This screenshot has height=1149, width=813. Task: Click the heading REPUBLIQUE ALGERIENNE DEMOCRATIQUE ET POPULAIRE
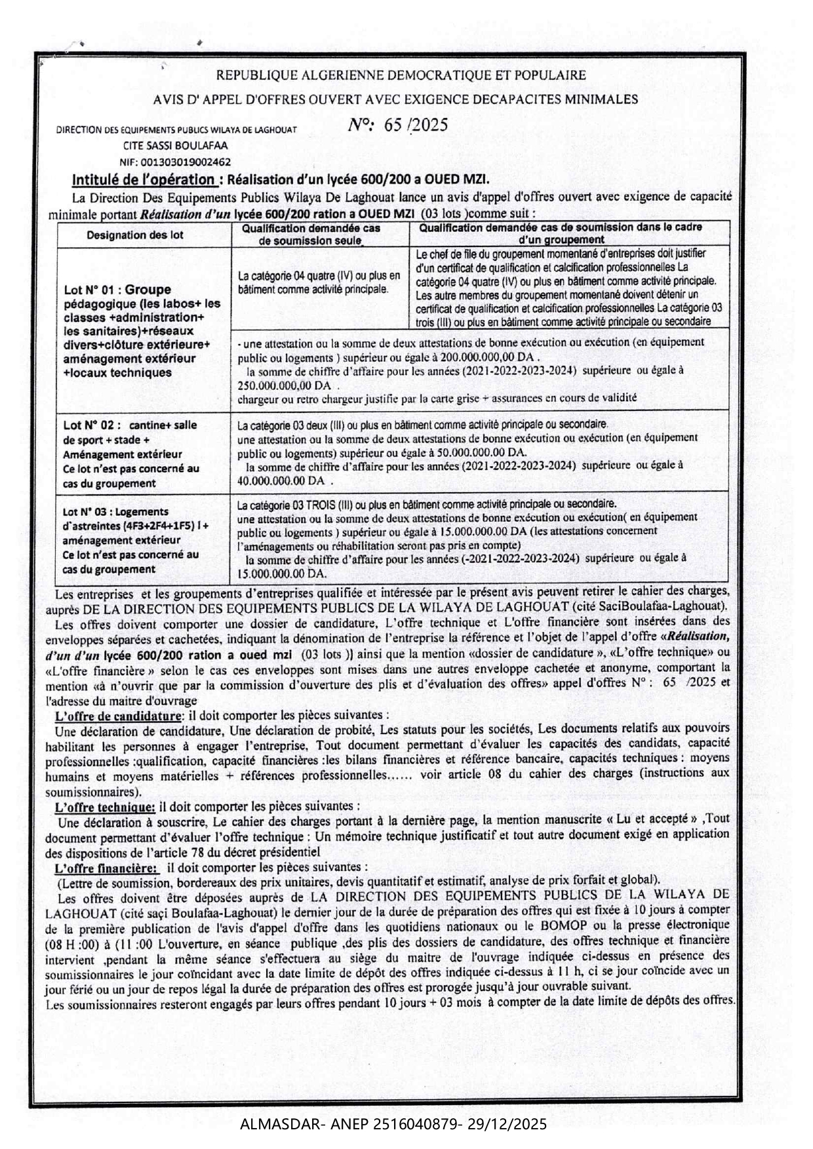(x=401, y=75)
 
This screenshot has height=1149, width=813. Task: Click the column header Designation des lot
(x=135, y=235)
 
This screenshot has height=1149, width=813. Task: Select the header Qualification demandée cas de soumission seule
(x=311, y=234)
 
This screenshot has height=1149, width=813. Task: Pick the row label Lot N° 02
(x=92, y=425)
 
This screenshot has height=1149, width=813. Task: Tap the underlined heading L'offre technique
(x=106, y=806)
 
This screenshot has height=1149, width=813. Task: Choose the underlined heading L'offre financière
(x=107, y=868)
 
